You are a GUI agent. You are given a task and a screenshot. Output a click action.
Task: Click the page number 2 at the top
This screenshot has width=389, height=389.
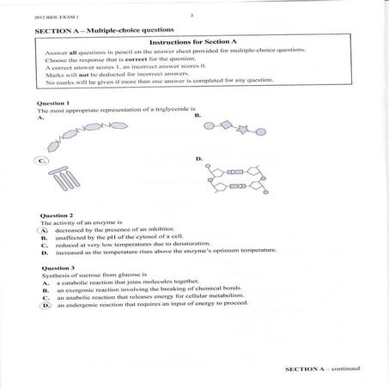191,15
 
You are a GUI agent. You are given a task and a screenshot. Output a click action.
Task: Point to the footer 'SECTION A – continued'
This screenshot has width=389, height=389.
322,368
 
